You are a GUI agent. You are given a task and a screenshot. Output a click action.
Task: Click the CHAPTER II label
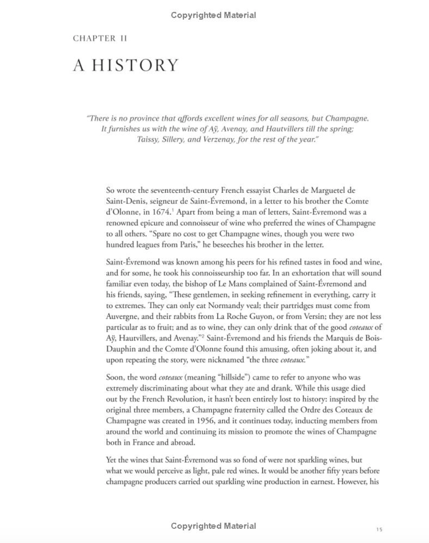coord(100,39)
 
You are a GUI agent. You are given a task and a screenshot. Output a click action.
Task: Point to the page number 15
coord(379,529)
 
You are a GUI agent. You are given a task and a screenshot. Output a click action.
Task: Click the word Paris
coord(185,245)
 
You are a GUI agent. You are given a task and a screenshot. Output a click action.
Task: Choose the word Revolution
coord(186,399)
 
